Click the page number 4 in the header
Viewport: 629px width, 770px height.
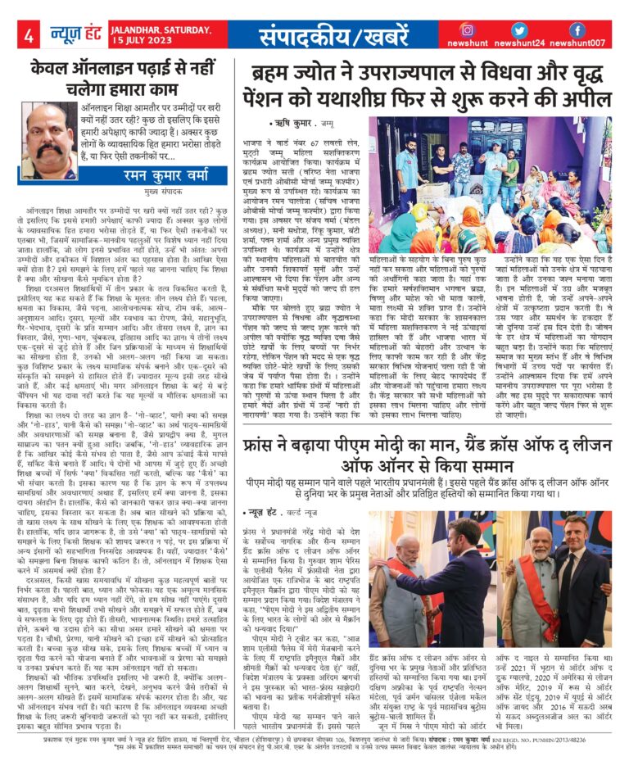[x=29, y=35]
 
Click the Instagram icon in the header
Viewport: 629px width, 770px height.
[x=468, y=30]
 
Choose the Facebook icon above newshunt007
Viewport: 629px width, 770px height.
[x=577, y=30]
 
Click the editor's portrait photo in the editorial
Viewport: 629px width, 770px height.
[x=48, y=141]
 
